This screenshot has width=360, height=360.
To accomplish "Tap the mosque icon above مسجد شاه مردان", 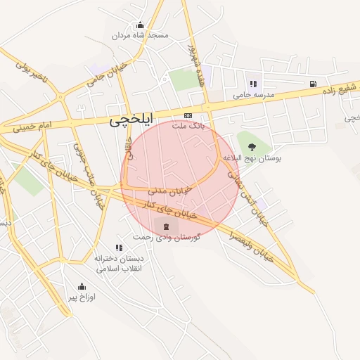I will [140, 25].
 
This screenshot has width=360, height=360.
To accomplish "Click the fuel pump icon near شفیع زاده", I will [311, 84].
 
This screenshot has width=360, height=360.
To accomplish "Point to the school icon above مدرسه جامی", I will [253, 84].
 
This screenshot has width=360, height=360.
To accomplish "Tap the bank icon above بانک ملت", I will [188, 115].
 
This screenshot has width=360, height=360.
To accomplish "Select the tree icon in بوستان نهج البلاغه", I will [252, 146].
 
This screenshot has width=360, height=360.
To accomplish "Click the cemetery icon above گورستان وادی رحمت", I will [166, 226].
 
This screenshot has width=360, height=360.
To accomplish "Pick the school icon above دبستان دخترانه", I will [119, 247].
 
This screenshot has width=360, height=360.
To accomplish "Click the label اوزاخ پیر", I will [82, 297].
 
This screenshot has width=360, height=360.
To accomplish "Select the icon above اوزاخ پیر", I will [82, 286].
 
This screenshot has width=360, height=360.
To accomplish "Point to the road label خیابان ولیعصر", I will [251, 243].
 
